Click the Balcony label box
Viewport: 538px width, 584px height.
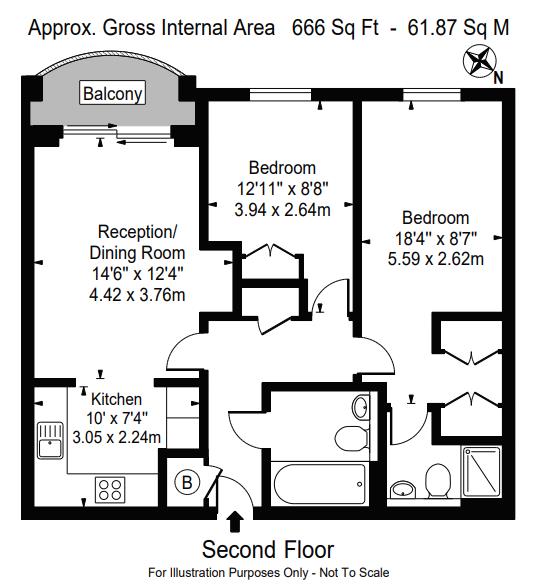[x=112, y=93]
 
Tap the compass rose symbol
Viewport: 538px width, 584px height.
[x=479, y=61]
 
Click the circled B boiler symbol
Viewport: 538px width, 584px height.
[x=187, y=483]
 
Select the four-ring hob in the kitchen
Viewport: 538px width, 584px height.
[x=110, y=490]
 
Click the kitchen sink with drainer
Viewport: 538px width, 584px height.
[x=50, y=441]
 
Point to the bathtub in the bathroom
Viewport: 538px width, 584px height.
[x=320, y=484]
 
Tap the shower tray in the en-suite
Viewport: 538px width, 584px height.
[x=481, y=472]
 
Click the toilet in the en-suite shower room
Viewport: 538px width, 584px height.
[x=438, y=481]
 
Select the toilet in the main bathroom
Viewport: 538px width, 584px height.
[x=352, y=438]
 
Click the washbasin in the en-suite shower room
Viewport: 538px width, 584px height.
[x=402, y=489]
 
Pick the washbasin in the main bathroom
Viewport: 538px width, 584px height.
[x=361, y=407]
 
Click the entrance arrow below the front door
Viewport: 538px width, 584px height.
[x=235, y=521]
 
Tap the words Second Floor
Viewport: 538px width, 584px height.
[x=268, y=549]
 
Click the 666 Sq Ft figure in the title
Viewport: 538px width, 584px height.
[x=335, y=28]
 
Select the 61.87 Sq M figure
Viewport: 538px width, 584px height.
[x=458, y=28]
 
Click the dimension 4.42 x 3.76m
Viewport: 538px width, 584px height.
[x=137, y=295]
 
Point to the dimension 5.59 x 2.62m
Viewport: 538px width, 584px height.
[x=436, y=258]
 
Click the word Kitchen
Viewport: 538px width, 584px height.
[x=117, y=399]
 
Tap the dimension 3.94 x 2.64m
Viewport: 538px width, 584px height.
[x=282, y=209]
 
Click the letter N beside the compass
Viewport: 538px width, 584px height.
[x=498, y=78]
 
